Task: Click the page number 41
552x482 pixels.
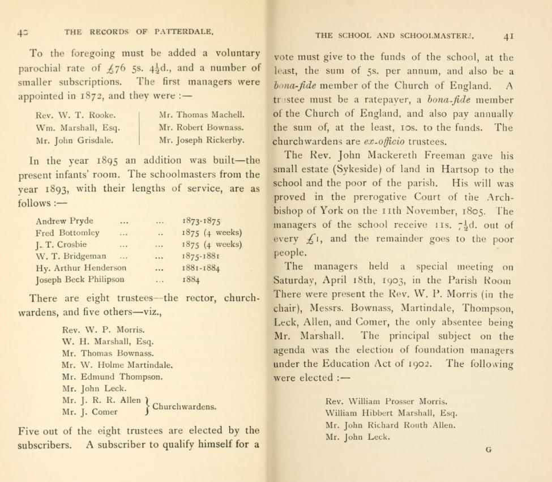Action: point(508,36)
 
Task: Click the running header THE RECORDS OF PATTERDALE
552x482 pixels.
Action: point(139,32)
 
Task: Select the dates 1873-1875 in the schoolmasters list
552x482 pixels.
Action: point(202,221)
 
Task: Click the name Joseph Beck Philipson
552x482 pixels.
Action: point(80,279)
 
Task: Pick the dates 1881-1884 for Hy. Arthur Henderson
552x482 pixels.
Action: point(202,268)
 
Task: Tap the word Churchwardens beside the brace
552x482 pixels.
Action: point(185,406)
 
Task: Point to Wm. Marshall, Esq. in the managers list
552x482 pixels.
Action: point(77,127)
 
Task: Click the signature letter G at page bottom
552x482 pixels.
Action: point(489,450)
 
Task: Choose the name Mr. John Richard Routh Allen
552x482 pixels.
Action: point(390,425)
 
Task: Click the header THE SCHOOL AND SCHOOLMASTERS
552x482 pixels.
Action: point(395,35)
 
